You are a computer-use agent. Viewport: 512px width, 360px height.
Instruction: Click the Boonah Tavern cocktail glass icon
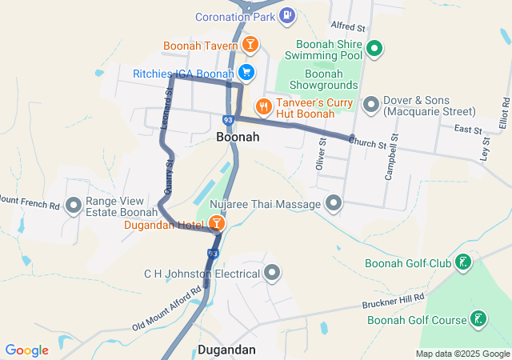pyautogui.click(x=250, y=45)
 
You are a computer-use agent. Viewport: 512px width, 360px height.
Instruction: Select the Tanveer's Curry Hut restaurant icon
pyautogui.click(x=262, y=106)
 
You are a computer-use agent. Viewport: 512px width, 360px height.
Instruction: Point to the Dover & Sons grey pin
pyautogui.click(x=370, y=104)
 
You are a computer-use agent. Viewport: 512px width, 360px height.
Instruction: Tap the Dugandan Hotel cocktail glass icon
pyautogui.click(x=216, y=223)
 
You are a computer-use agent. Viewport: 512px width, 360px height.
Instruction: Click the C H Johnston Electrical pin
pyautogui.click(x=273, y=274)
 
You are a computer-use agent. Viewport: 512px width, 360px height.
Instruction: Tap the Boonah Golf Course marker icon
pyautogui.click(x=478, y=319)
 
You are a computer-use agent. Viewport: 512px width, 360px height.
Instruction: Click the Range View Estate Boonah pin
pyautogui.click(x=74, y=206)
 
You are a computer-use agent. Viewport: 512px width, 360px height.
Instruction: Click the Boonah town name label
pyautogui.click(x=238, y=137)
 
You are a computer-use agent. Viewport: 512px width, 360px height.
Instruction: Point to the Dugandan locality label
pyautogui.click(x=226, y=350)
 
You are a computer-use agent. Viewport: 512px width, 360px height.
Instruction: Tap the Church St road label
pyautogui.click(x=369, y=142)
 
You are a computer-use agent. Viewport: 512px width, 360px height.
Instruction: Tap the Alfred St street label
pyautogui.click(x=347, y=26)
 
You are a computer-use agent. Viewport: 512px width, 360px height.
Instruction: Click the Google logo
pyautogui.click(x=26, y=350)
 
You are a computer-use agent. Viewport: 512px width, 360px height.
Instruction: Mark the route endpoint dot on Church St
pyautogui.click(x=351, y=137)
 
